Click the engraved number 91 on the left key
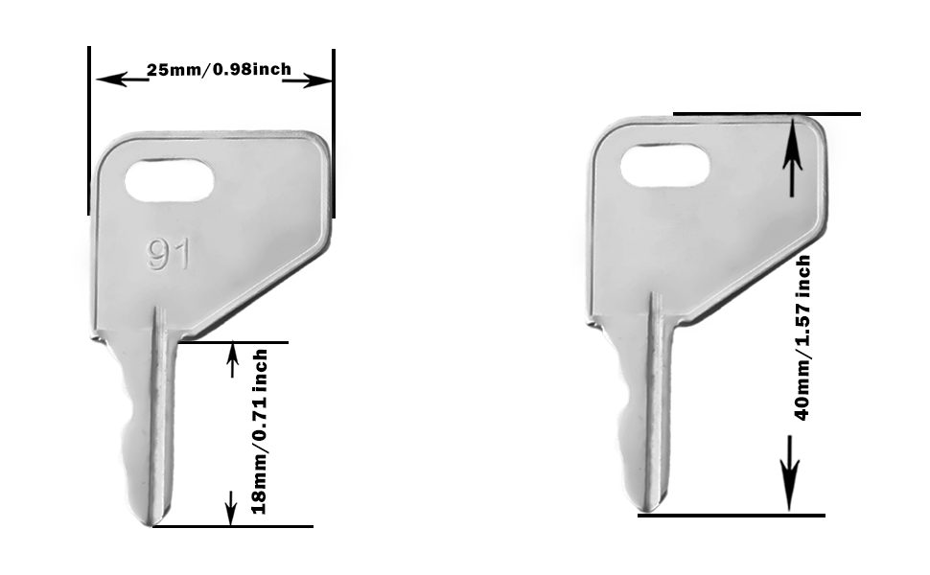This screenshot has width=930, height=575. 169,255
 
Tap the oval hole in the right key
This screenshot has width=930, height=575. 664,167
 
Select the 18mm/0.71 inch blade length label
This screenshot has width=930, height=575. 259,431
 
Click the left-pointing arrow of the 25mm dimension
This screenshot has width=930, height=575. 120,79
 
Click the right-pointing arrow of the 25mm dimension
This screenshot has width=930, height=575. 307,80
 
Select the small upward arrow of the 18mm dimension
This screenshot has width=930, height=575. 231,361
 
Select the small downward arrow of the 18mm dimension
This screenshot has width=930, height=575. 230,506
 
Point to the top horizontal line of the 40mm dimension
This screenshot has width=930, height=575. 767,114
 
